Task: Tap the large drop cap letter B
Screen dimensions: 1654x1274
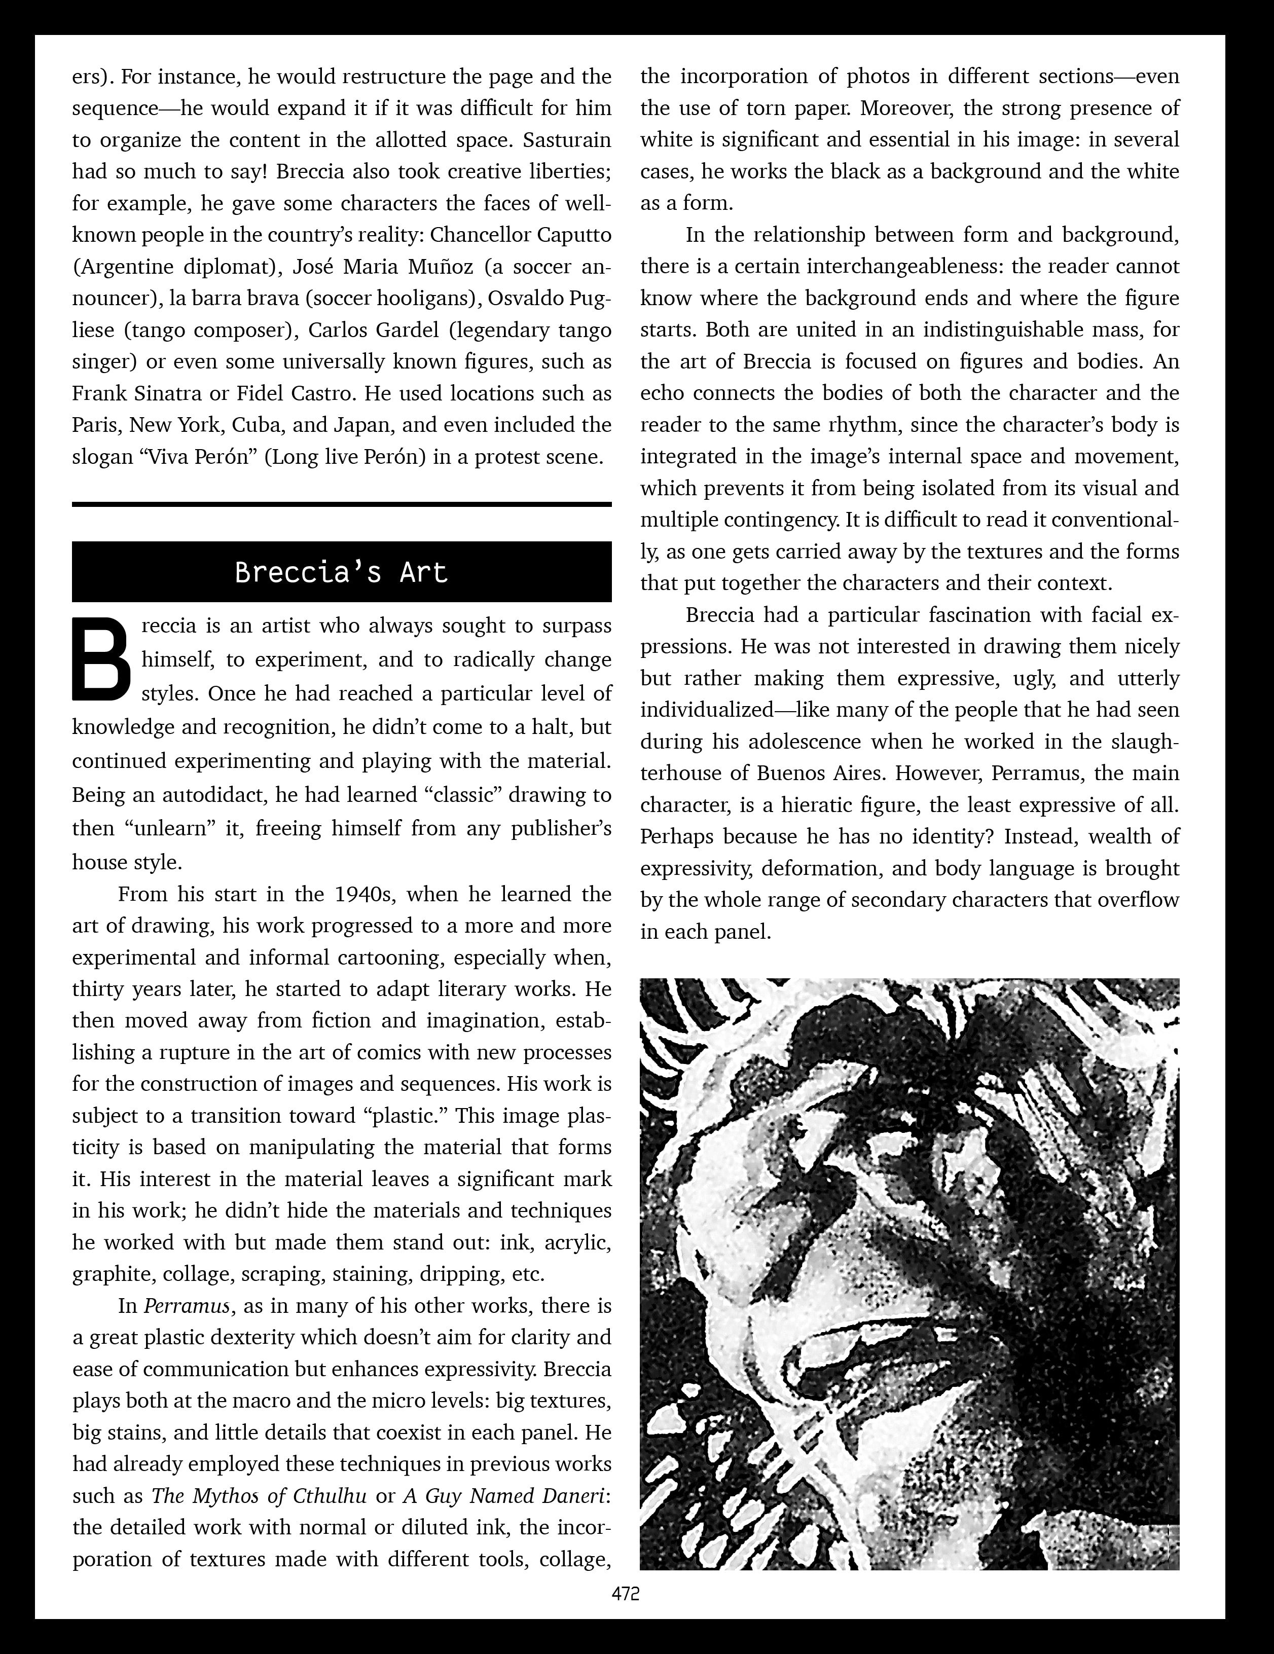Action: tap(101, 659)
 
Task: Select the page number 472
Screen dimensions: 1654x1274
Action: tap(626, 1594)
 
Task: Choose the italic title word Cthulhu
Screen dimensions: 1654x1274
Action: tap(330, 1496)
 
